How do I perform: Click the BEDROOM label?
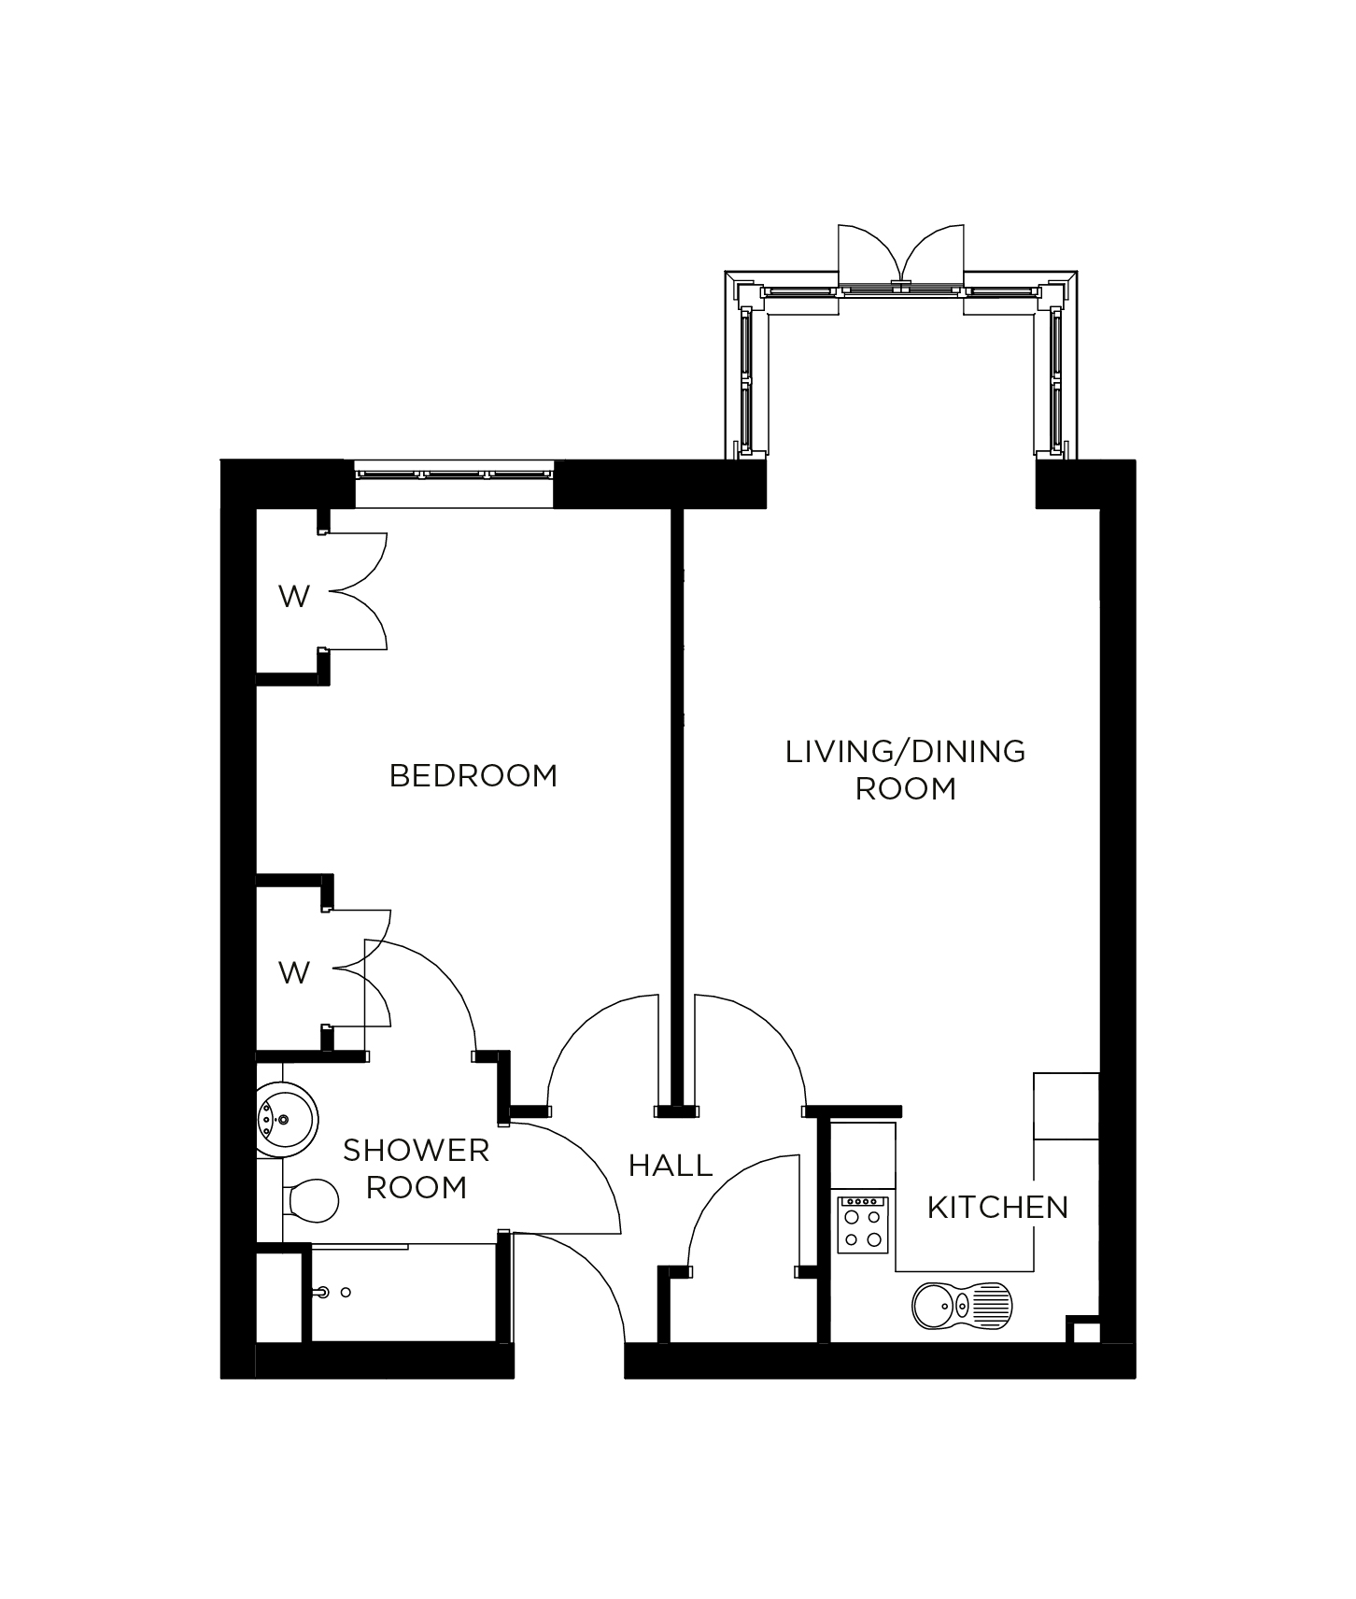tap(473, 775)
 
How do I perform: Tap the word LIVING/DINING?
tap(905, 751)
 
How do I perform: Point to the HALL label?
tap(671, 1165)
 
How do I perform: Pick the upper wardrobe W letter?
tap(294, 596)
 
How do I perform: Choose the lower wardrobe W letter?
tap(294, 972)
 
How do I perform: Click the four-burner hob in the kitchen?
tap(863, 1224)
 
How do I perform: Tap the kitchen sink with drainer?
tap(960, 1306)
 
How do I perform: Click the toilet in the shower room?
tap(310, 1199)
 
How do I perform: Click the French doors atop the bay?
tap(900, 257)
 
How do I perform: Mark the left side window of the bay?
tap(746, 378)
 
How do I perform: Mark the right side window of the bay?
tap(1056, 378)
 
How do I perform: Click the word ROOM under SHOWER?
tap(416, 1187)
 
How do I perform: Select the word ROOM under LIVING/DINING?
tap(905, 788)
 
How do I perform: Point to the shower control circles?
tap(332, 1293)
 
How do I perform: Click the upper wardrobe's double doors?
tap(358, 590)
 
